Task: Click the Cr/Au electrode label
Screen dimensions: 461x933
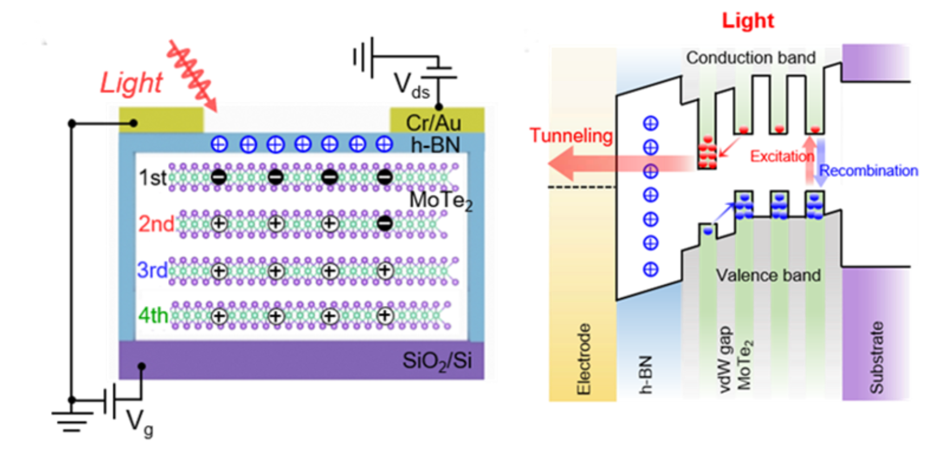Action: tap(433, 123)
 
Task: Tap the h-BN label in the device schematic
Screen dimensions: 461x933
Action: tap(435, 145)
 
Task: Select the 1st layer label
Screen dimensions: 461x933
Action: tap(152, 178)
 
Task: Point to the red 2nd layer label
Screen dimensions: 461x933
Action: tap(156, 224)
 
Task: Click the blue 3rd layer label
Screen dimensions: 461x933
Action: tap(152, 270)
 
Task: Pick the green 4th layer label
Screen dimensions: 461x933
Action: tap(153, 315)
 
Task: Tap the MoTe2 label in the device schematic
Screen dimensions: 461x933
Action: tap(440, 201)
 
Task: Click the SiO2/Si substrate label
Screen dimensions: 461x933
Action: tap(436, 360)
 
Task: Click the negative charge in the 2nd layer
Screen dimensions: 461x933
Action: tap(385, 223)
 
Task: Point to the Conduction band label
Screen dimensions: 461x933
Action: tap(751, 57)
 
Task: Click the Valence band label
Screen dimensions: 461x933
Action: tap(768, 276)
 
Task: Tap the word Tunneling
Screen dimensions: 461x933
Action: tap(570, 136)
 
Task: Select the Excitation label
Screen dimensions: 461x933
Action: tap(782, 156)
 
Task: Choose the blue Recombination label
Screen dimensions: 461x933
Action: tap(868, 171)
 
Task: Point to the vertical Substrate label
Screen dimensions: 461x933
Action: tap(877, 358)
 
